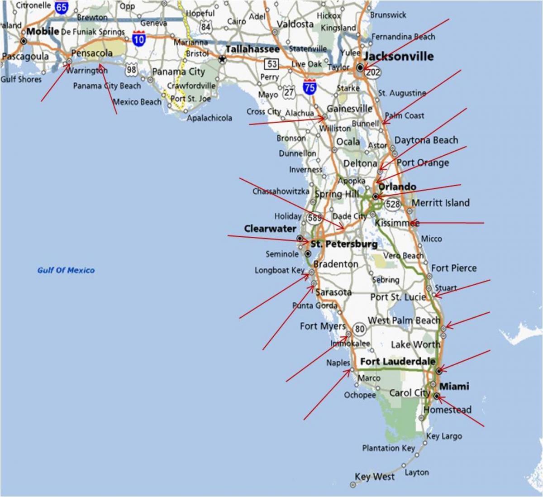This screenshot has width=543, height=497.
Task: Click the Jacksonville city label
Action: coord(399,57)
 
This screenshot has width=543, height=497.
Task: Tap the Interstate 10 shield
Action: coord(139,39)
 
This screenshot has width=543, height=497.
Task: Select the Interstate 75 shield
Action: coord(310,87)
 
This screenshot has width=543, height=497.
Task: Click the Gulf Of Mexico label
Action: coord(66,270)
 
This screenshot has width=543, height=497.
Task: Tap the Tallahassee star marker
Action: coord(222,59)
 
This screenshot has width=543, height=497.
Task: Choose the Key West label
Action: coord(375,477)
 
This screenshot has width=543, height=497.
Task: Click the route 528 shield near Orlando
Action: coord(393,204)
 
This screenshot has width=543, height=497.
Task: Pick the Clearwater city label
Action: coord(270,229)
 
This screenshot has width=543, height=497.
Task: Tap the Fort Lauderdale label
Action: coord(398,361)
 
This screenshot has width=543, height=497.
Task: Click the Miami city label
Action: coord(454,386)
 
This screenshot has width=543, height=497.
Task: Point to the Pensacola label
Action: coord(92,53)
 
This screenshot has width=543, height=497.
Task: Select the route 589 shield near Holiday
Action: coord(314,218)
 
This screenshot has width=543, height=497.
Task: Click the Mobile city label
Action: coord(43,31)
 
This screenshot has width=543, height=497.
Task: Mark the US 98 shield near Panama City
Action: coord(131,69)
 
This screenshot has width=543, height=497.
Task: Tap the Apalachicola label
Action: coord(210,118)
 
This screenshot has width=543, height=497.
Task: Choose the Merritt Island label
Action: coord(440,203)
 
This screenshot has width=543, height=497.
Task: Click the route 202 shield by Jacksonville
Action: coord(374,72)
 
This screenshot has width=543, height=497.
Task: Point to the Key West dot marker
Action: coord(353,485)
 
